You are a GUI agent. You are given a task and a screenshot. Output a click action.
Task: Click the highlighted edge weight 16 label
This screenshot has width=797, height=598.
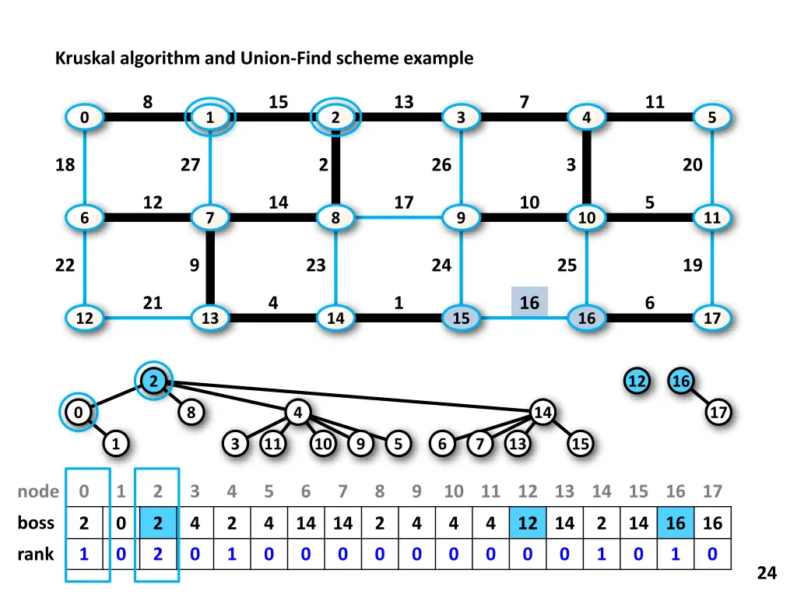point(529,302)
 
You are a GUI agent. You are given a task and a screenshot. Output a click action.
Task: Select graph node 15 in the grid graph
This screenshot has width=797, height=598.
point(461,318)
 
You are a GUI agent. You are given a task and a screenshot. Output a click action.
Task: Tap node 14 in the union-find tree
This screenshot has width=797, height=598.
point(542,412)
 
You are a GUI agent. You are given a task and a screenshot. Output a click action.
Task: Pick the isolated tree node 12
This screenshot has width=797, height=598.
point(637,382)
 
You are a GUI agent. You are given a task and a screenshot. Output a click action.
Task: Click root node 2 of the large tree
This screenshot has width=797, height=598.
point(154,381)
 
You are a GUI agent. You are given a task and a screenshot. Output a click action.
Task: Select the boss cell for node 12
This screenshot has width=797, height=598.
point(528,523)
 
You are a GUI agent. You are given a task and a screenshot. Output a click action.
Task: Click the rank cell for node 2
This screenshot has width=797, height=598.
point(157,554)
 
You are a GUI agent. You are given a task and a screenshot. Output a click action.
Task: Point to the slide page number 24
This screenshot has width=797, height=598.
point(767,573)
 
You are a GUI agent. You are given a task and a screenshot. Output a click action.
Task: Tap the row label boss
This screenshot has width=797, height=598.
point(36,523)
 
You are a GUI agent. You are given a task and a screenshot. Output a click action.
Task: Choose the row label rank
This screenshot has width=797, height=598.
point(36,554)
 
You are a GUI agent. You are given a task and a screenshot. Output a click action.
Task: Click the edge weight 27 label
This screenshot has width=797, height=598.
point(190,164)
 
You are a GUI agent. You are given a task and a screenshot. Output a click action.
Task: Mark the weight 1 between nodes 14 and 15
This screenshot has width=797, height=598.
point(398,302)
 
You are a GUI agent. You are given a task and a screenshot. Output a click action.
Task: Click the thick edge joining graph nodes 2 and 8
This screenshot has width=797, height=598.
point(335,167)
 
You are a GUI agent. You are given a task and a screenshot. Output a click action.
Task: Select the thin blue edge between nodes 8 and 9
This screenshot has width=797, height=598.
point(398,218)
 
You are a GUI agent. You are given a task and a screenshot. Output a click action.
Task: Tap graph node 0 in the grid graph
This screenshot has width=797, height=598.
point(83,118)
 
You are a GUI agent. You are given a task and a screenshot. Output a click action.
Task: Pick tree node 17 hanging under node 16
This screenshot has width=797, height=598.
point(718,412)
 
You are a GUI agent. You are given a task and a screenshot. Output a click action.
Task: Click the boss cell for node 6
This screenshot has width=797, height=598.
point(306,523)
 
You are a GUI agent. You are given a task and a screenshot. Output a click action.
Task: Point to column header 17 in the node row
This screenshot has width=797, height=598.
point(712,491)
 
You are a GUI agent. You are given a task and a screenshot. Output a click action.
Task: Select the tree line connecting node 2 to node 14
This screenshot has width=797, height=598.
point(350,396)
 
